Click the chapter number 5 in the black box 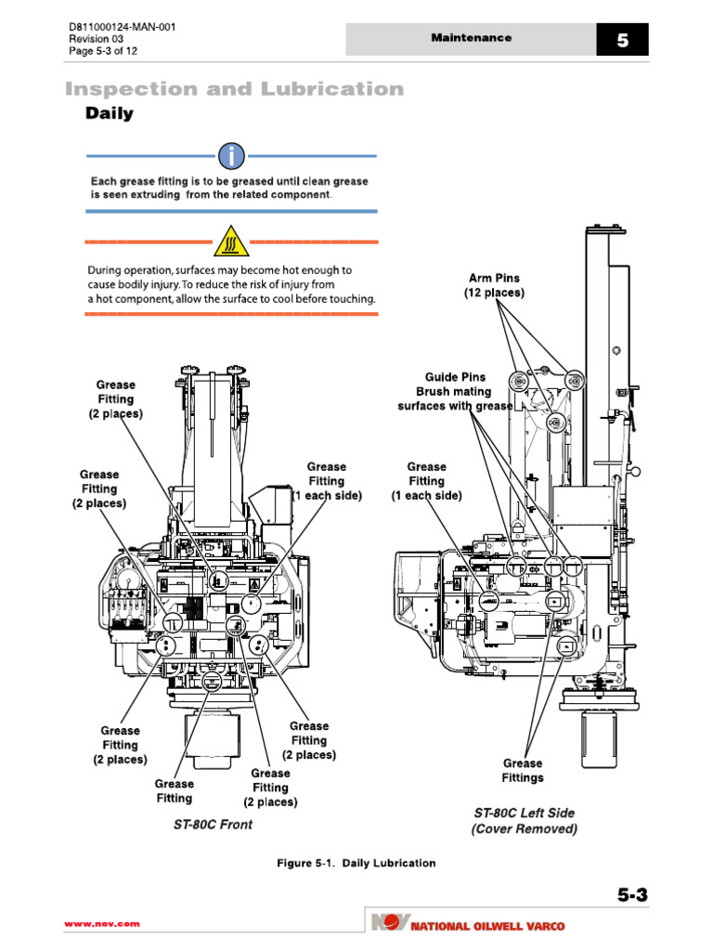[622, 40]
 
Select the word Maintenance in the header [471, 38]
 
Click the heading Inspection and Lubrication [234, 89]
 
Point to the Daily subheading [110, 114]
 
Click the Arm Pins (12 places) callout [494, 285]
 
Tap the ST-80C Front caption [213, 824]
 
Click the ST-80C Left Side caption [524, 820]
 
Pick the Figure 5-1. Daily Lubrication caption [356, 863]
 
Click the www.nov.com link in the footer [101, 923]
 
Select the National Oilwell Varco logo [466, 924]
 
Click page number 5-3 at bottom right [631, 895]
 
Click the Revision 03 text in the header [97, 39]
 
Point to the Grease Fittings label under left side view [523, 770]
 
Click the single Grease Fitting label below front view [174, 790]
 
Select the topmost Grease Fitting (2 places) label [116, 399]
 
